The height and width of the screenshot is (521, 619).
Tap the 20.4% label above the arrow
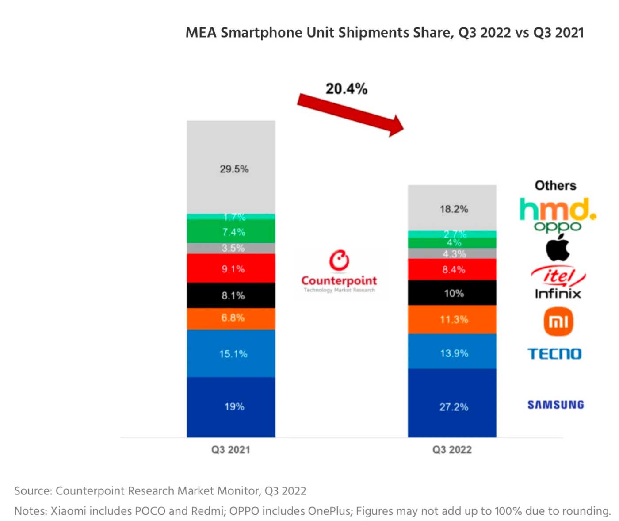346,89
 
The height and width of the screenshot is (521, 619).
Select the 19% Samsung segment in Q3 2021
231,407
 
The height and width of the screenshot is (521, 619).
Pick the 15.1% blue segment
231,353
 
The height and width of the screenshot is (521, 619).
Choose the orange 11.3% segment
452,319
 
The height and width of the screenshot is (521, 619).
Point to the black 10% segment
452,293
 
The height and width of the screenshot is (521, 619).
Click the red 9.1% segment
231,268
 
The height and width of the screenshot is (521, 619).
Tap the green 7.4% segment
231,232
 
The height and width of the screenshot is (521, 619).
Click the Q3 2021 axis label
231,450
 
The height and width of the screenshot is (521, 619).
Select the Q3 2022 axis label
452,450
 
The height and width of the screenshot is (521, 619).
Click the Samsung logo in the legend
555,405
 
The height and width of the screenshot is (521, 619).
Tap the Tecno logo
554,354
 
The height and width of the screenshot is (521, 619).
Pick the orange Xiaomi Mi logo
558,322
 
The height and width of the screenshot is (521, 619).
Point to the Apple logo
558,248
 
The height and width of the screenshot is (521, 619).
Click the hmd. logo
558,209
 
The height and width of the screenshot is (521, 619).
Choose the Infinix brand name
558,294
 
